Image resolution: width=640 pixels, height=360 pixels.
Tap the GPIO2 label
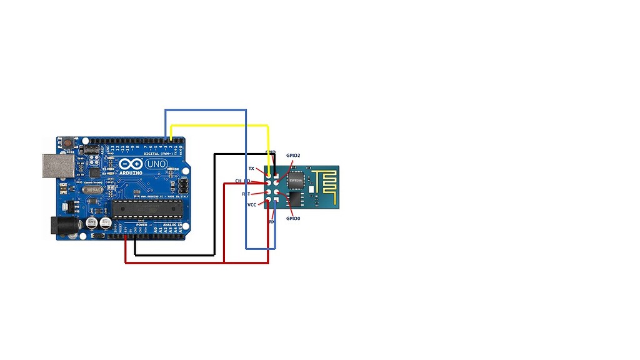point(293,155)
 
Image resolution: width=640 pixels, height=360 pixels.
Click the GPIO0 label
point(293,219)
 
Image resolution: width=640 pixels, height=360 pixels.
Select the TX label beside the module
point(251,169)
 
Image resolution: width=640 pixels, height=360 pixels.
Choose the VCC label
point(251,205)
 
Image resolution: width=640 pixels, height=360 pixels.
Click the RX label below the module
point(272,222)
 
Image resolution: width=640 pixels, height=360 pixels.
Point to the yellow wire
point(219,126)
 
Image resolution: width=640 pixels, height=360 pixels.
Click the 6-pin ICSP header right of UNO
point(182,186)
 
